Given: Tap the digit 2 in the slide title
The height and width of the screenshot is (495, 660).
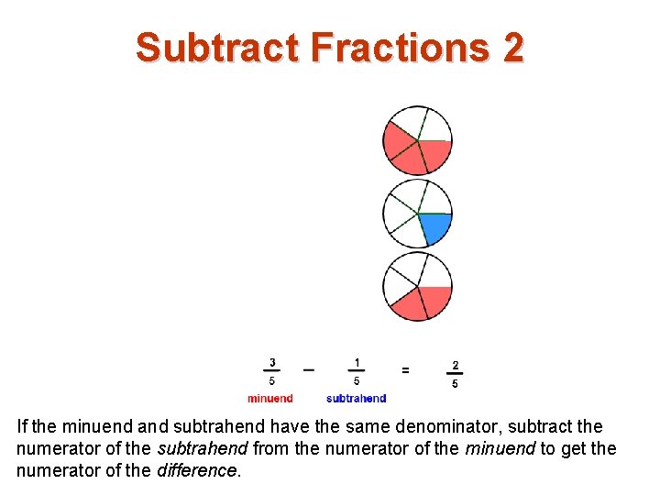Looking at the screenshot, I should [x=512, y=48].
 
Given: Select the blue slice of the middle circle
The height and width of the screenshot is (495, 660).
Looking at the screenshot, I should [x=435, y=226].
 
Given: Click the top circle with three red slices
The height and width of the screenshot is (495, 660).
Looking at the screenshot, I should [x=417, y=140].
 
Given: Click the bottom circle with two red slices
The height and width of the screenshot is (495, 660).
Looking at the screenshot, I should [x=417, y=286].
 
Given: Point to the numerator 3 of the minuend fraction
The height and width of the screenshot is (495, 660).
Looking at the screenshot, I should [x=272, y=362].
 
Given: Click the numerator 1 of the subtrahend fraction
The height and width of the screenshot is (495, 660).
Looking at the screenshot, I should [x=357, y=362].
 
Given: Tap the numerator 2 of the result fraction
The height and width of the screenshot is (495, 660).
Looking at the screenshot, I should [x=456, y=365].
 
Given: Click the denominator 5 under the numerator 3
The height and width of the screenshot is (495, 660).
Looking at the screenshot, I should [x=272, y=380].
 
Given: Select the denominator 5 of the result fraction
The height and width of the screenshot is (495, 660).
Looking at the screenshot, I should [x=456, y=383].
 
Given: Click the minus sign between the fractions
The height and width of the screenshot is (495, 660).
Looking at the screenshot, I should [x=309, y=369].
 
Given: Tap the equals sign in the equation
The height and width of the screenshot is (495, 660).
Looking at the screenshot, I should [x=405, y=369].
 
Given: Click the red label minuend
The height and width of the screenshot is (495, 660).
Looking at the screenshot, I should [x=270, y=398].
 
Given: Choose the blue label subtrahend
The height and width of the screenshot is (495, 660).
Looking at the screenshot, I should [x=357, y=398].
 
